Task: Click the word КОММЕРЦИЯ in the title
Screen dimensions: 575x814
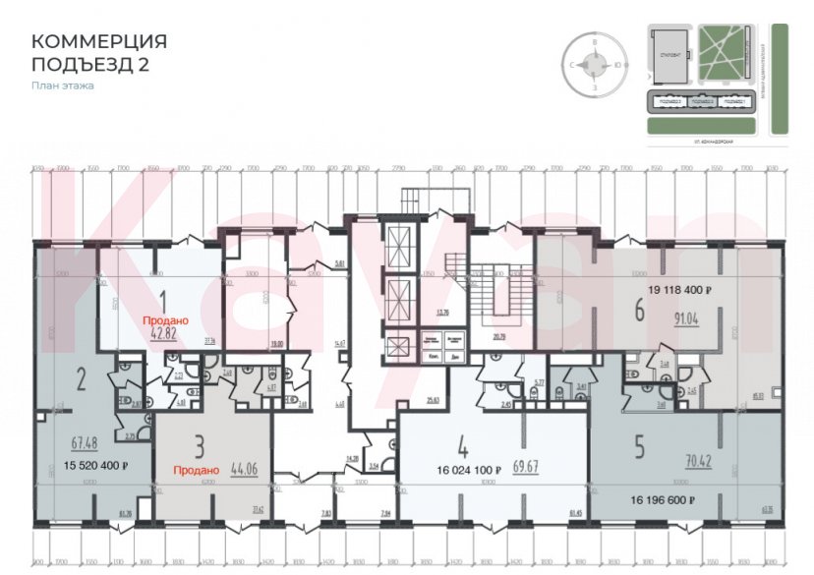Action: (x=99, y=41)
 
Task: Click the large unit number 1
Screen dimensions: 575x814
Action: (x=165, y=303)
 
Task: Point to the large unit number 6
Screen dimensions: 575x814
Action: (x=640, y=311)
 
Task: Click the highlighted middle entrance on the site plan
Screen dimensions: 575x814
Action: (x=701, y=101)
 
